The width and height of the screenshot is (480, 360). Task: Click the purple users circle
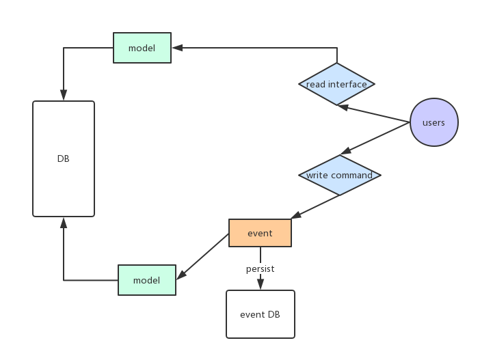[434, 123]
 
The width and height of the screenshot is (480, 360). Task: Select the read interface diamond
[336, 84]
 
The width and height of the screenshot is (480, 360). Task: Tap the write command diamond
[339, 175]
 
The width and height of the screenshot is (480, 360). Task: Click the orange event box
[260, 233]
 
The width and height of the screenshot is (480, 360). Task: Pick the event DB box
[260, 314]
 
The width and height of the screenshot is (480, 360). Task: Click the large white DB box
[64, 158]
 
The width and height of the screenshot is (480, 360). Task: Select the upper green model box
[142, 48]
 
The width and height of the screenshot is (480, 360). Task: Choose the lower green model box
[146, 280]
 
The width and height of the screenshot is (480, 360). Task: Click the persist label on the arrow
[260, 269]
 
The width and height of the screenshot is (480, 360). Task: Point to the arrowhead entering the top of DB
[64, 96]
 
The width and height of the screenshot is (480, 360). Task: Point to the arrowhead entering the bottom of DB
[64, 222]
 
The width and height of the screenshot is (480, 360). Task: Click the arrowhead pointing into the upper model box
[176, 48]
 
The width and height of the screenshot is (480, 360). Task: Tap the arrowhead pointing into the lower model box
[181, 275]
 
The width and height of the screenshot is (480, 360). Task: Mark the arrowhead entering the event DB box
[260, 286]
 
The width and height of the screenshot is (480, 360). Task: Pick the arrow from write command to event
[315, 207]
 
